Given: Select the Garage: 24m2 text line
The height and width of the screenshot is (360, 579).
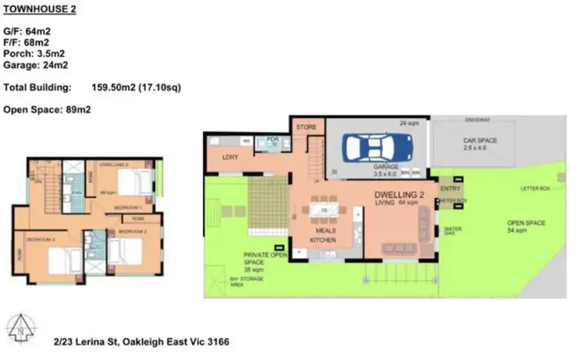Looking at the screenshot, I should (x=34, y=66).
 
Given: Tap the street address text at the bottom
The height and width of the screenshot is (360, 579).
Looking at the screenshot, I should (x=142, y=341).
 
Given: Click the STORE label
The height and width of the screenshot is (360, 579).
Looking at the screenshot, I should (x=307, y=127).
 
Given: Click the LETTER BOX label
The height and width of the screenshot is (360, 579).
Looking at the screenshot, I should (x=534, y=188).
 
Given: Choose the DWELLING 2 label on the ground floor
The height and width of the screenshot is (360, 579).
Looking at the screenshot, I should (x=401, y=194).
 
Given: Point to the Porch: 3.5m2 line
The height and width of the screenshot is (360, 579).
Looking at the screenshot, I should (x=34, y=55).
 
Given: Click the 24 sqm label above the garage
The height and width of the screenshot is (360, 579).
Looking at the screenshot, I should (x=408, y=122).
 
